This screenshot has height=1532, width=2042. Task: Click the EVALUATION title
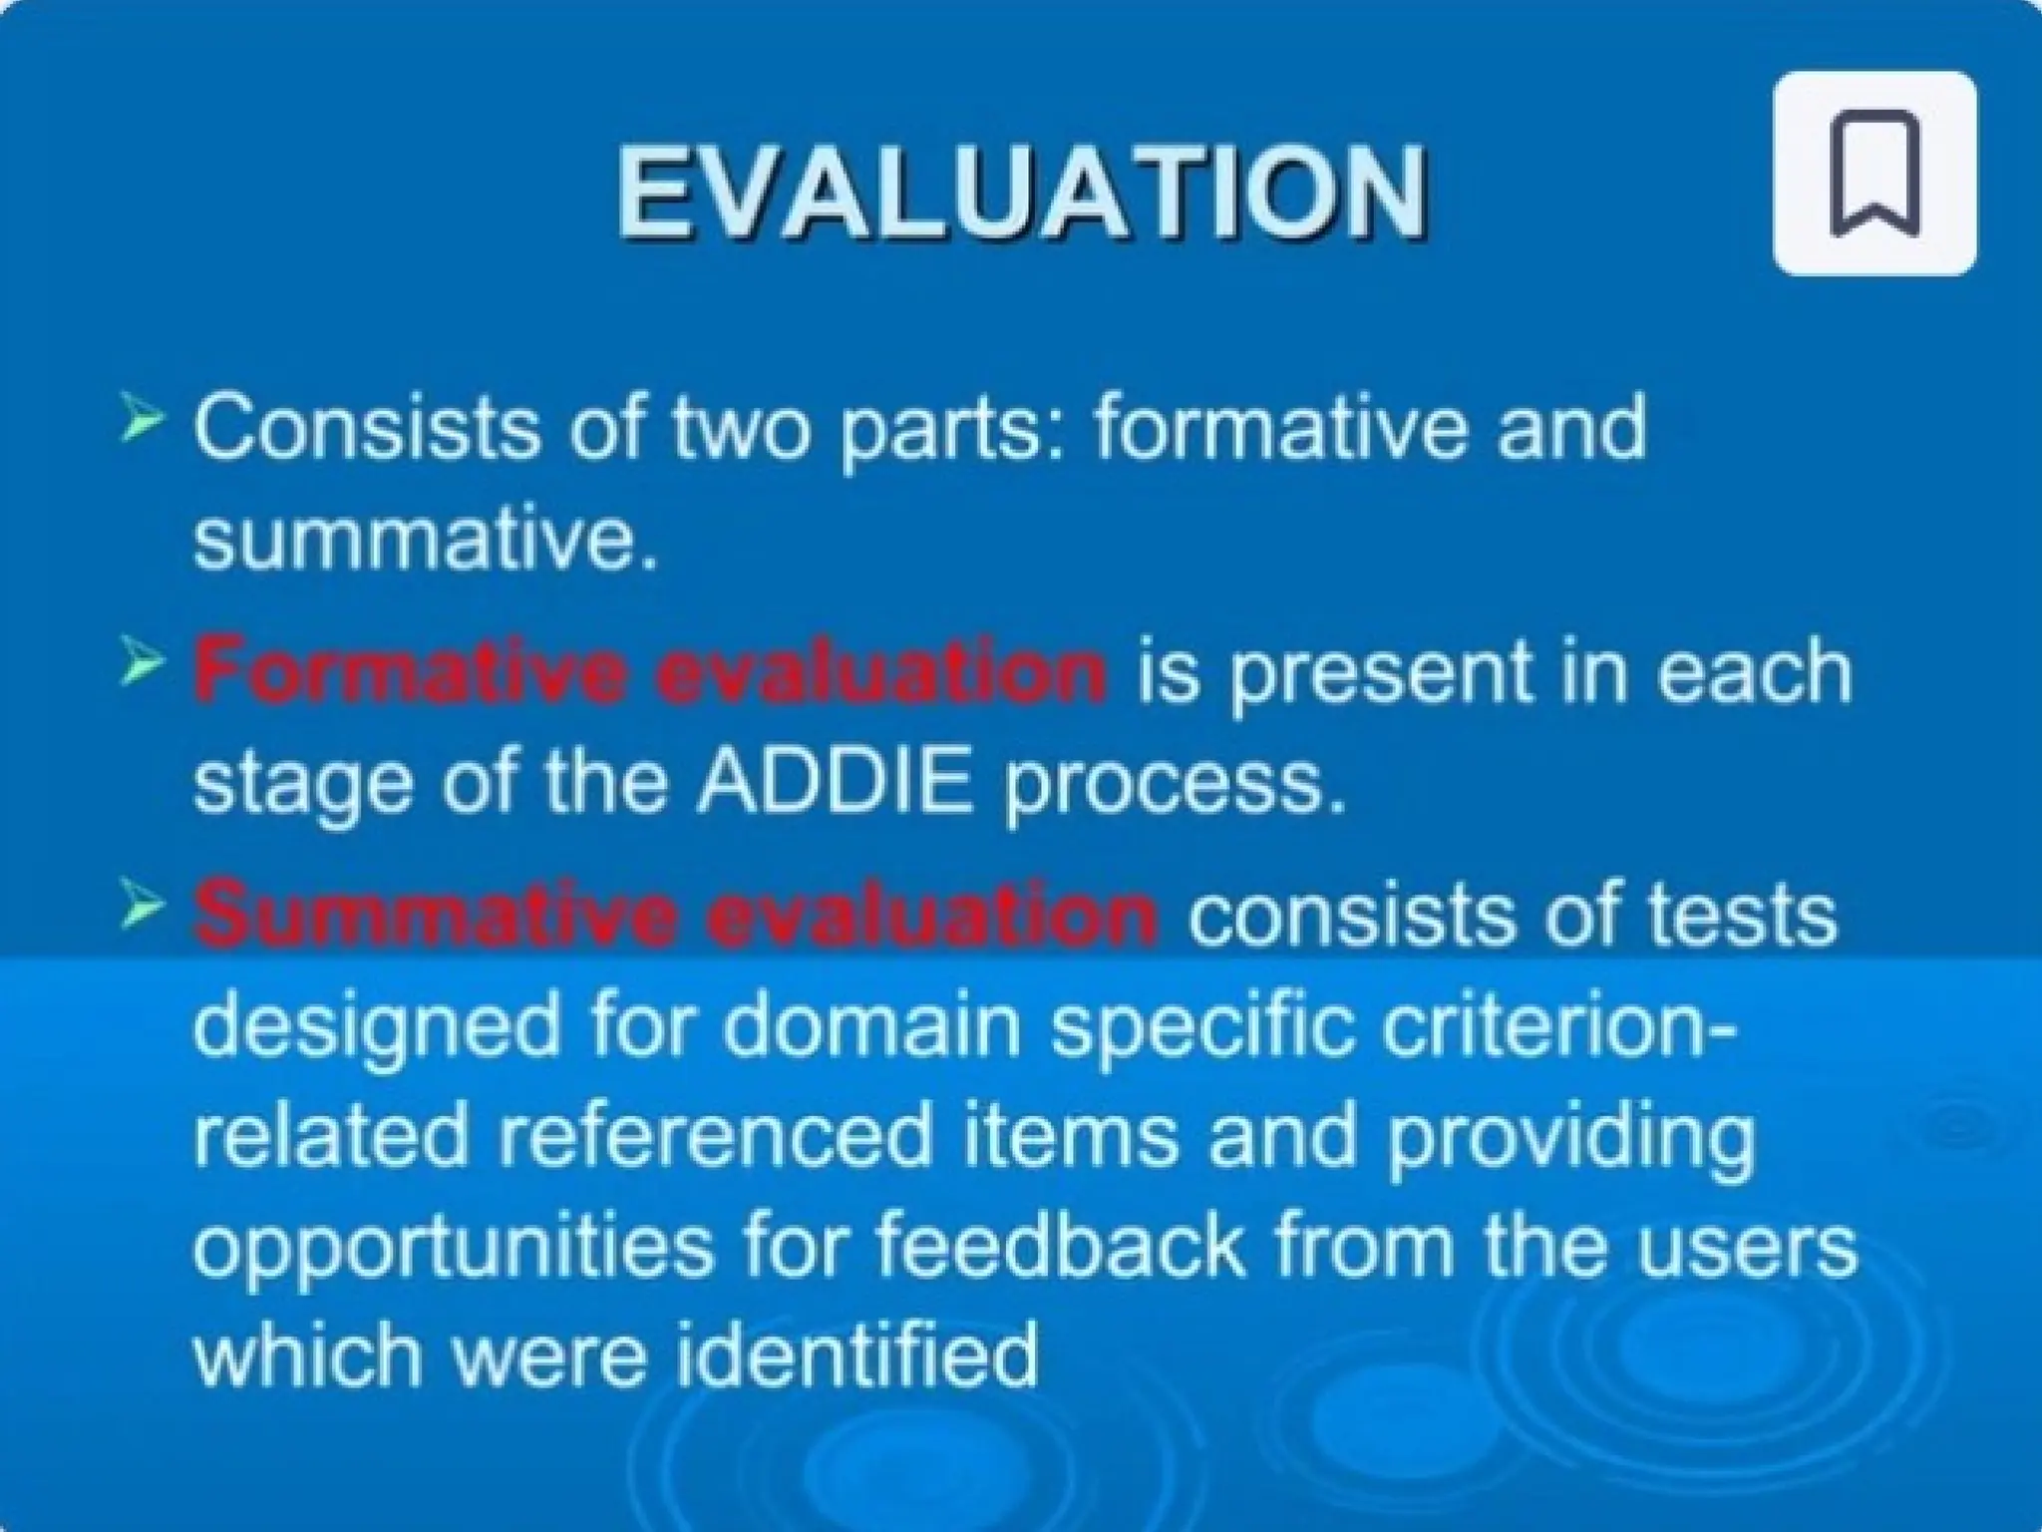(x=1022, y=192)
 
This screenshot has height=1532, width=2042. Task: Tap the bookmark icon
(x=1874, y=173)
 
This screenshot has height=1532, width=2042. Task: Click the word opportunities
(x=454, y=1247)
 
